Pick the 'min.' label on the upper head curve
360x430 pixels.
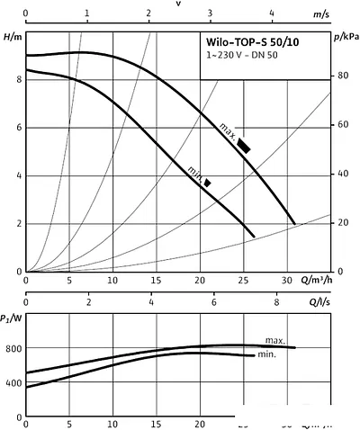[x=194, y=171]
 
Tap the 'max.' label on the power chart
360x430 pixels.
[x=275, y=341]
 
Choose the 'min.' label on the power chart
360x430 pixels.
[x=267, y=355]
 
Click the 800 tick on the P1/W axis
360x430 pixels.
[x=12, y=348]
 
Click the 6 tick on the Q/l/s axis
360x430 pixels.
[x=214, y=303]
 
